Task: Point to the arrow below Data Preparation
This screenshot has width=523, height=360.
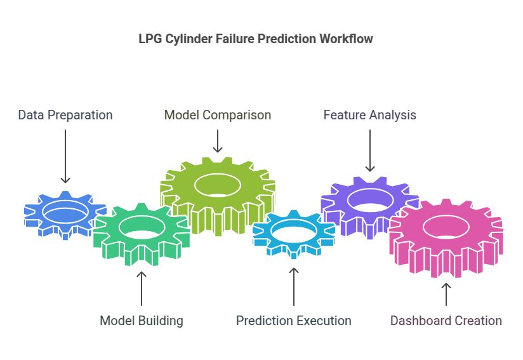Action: pos(65,156)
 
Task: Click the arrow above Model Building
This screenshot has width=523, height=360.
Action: pos(142,288)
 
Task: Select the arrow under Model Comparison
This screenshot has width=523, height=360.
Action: pos(218,141)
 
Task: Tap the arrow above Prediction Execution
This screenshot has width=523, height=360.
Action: pos(293,286)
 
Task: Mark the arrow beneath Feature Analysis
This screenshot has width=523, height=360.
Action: pos(370,150)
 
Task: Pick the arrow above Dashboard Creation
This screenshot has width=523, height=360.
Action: pos(446,294)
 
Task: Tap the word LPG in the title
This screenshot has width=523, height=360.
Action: pos(150,39)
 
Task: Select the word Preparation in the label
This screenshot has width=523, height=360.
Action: pos(80,115)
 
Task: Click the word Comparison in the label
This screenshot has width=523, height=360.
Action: pos(237,115)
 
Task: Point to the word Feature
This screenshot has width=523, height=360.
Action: pos(345,115)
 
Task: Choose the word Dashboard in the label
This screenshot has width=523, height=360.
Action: pos(421,321)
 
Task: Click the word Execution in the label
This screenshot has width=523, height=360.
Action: pos(323,321)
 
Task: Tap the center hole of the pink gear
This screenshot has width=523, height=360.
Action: pos(446,227)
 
